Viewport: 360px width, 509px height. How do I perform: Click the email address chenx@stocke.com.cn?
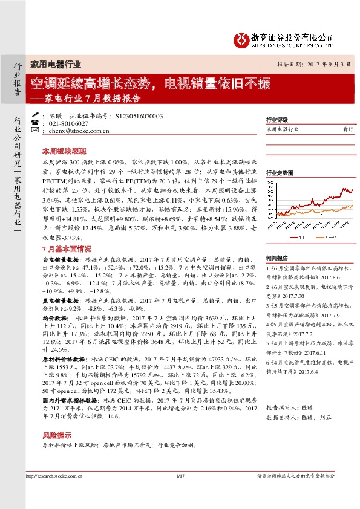tap(77, 131)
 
